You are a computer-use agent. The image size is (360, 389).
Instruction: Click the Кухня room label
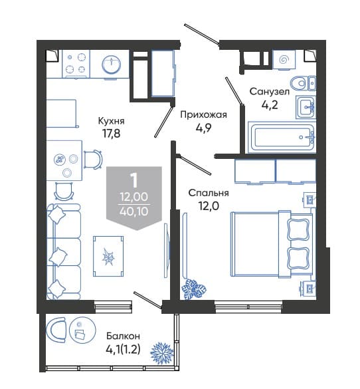pyautogui.click(x=111, y=121)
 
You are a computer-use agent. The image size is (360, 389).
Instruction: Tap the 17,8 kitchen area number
pyautogui.click(x=111, y=134)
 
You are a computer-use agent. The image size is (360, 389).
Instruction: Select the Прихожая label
pyautogui.click(x=203, y=115)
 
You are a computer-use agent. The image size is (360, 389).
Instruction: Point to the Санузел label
pyautogui.click(x=269, y=92)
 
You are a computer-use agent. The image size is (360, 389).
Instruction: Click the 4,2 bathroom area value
pyautogui.click(x=270, y=105)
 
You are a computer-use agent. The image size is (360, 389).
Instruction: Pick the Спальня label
pyautogui.click(x=209, y=193)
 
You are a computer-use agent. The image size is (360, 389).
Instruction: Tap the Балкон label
pyautogui.click(x=123, y=336)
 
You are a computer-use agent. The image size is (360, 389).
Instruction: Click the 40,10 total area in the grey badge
pyautogui.click(x=134, y=211)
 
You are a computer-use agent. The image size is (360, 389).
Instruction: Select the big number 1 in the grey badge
pyautogui.click(x=134, y=181)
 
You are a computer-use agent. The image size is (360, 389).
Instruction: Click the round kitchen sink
pyautogui.click(x=111, y=65)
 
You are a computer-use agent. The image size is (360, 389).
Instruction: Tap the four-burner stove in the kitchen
pyautogui.click(x=76, y=64)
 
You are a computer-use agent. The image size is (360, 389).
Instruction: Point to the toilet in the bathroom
pyautogui.click(x=303, y=83)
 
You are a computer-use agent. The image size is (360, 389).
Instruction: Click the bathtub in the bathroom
pyautogui.click(x=282, y=137)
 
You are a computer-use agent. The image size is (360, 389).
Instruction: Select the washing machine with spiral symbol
pyautogui.click(x=284, y=60)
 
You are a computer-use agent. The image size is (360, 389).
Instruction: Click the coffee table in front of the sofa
pyautogui.click(x=108, y=256)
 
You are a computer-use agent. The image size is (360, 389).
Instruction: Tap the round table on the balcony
pyautogui.click(x=82, y=330)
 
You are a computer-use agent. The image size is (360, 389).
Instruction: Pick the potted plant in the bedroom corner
pyautogui.click(x=194, y=289)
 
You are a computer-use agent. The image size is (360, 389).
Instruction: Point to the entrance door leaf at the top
pyautogui.click(x=202, y=34)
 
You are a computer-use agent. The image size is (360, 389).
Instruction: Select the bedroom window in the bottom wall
pyautogui.click(x=248, y=307)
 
